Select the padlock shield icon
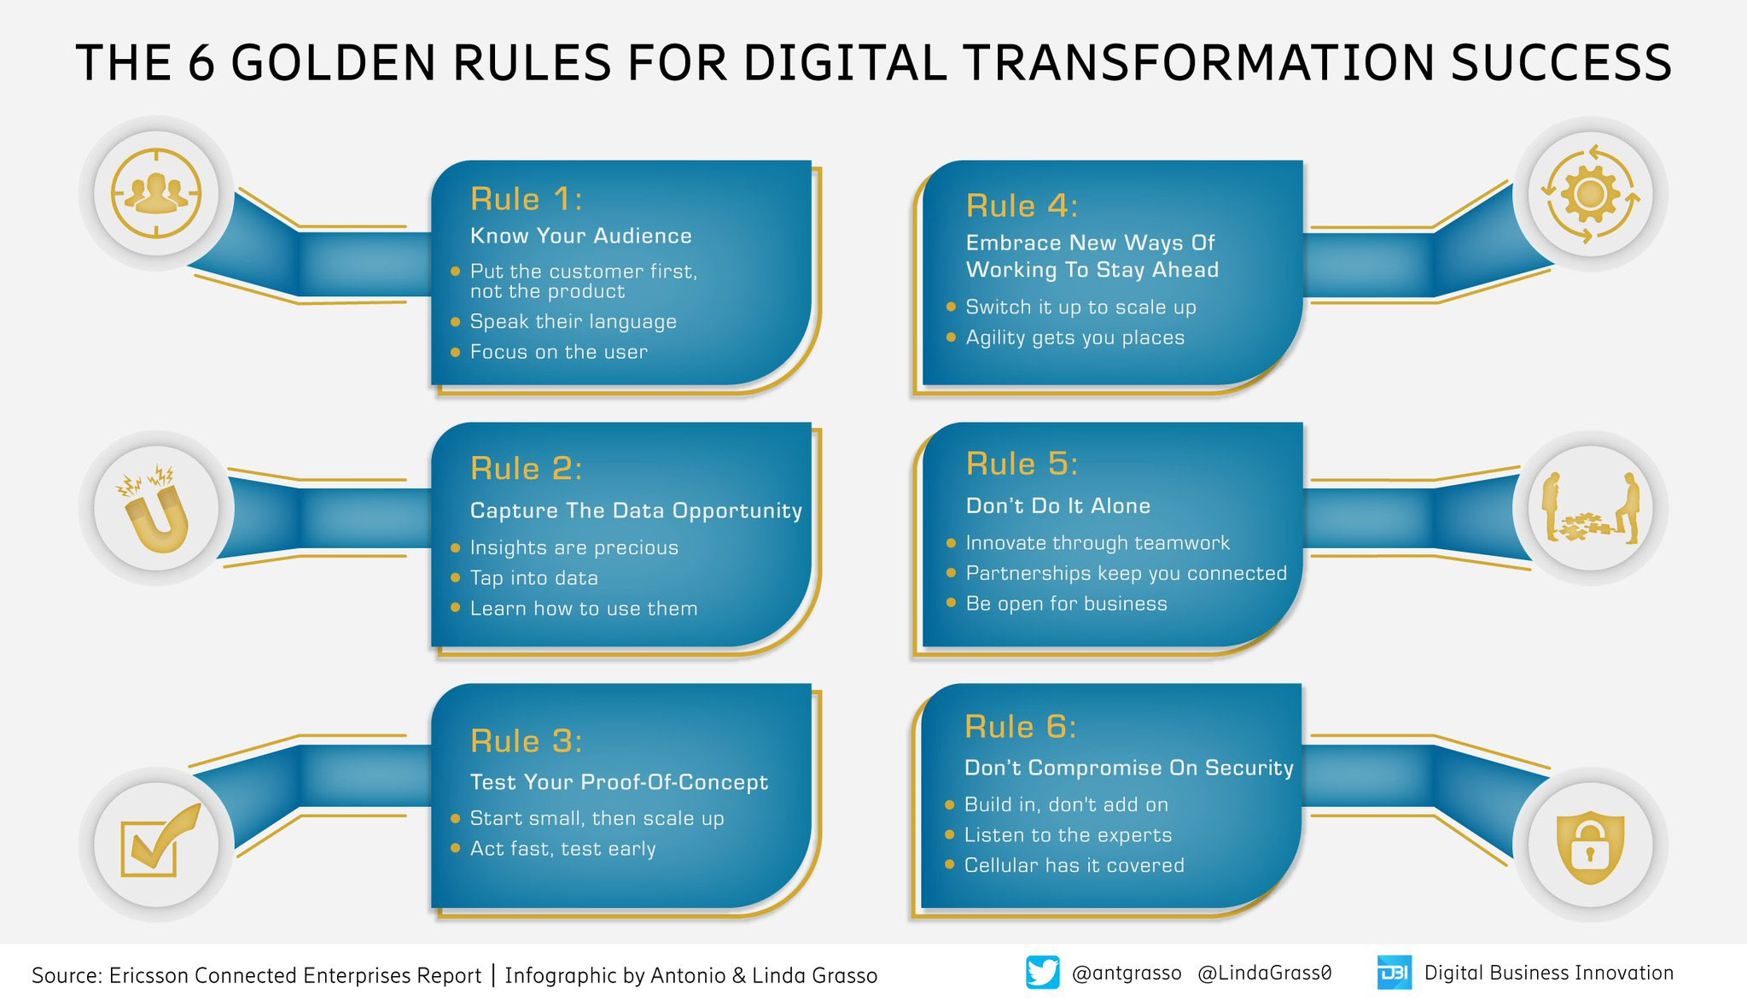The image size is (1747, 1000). [x=1590, y=845]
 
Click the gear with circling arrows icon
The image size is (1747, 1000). [x=1590, y=194]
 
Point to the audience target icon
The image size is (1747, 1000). [x=156, y=193]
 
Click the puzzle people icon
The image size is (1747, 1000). [x=1590, y=509]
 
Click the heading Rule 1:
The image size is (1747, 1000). [x=526, y=199]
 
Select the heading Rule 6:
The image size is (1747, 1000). [x=1020, y=727]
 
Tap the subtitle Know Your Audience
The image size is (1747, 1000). [x=580, y=236]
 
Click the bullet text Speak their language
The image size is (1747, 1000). [x=573, y=322]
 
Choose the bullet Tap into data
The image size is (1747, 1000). [x=533, y=578]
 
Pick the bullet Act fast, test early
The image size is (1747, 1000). [x=562, y=849]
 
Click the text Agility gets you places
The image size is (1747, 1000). [x=1074, y=337]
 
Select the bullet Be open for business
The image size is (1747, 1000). [x=1066, y=604]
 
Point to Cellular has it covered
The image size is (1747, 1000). [x=1074, y=865]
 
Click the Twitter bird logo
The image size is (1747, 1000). [x=1042, y=973]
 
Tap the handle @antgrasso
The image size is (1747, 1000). [x=1126, y=973]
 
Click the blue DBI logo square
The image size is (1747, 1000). [x=1394, y=973]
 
